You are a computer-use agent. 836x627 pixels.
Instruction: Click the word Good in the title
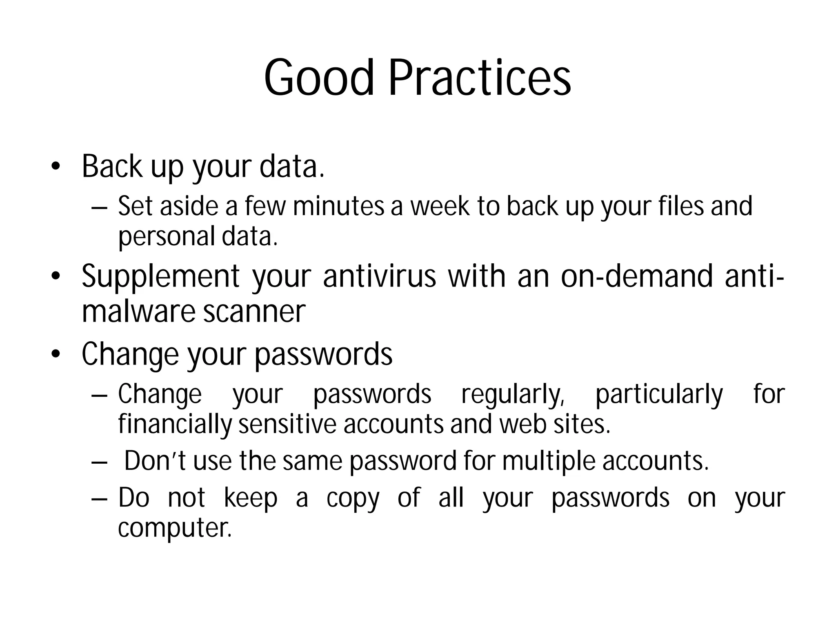click(319, 78)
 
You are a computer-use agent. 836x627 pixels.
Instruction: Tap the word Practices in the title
click(479, 78)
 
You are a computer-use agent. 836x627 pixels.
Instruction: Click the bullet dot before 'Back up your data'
click(56, 167)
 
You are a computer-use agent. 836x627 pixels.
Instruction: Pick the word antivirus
click(380, 276)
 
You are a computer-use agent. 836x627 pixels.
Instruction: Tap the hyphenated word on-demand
click(637, 276)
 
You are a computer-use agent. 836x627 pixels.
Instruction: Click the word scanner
click(254, 312)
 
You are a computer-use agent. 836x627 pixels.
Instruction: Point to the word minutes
click(338, 206)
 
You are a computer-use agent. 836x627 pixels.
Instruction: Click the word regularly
click(513, 395)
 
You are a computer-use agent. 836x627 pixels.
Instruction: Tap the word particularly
click(659, 395)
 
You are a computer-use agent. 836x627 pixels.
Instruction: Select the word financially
click(175, 425)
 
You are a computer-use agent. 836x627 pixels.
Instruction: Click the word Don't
click(155, 461)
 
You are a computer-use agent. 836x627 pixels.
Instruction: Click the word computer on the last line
click(175, 528)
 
